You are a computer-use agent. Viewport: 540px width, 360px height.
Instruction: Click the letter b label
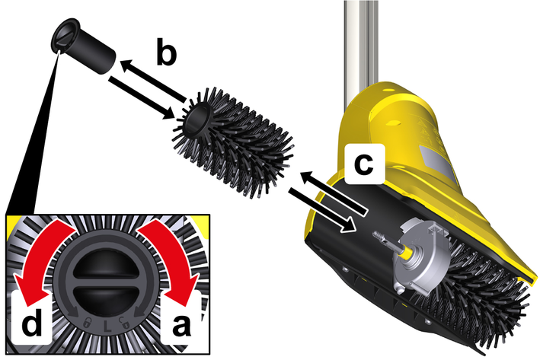166,52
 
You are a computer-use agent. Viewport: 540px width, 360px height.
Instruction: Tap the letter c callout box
364,164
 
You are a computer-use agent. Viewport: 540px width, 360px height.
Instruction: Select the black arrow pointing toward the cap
153,81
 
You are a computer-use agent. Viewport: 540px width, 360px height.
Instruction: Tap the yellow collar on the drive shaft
405,253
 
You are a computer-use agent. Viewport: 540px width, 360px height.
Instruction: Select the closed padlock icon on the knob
88,323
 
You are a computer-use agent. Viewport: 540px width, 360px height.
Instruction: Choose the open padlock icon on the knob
124,323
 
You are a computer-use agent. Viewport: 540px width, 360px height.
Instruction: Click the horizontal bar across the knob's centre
107,282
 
